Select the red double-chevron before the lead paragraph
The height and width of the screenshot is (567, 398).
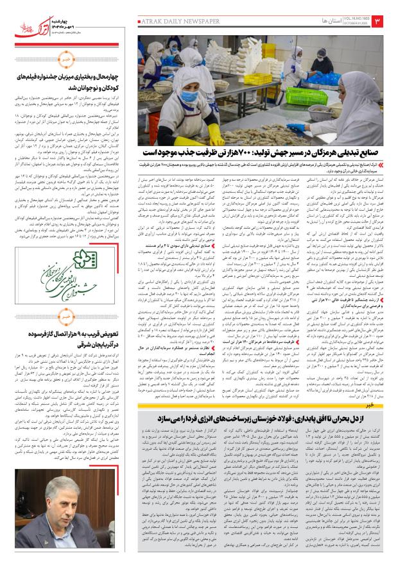(386, 165)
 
